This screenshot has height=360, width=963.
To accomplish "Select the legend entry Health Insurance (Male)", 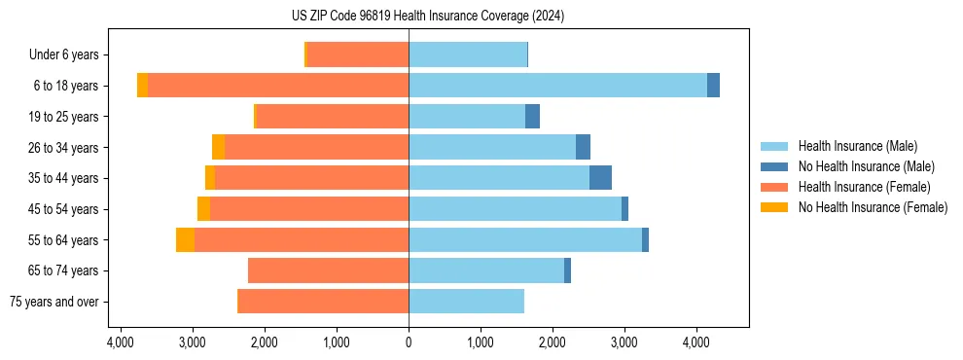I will click(x=856, y=146).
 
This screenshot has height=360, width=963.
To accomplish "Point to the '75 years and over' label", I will click(x=54, y=302).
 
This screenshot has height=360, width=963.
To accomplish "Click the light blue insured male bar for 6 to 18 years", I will click(x=557, y=86).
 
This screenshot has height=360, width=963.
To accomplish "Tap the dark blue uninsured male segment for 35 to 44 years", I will click(x=600, y=178).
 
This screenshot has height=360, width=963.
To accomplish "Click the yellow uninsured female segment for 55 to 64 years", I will click(x=185, y=239).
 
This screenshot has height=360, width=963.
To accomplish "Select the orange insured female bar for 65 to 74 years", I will click(x=328, y=270).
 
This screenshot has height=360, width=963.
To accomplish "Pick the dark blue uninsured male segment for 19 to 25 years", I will click(x=532, y=117).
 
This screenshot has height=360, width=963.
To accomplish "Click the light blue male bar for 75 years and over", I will click(x=466, y=302).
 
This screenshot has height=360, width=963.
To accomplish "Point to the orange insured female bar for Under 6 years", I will click(x=357, y=55).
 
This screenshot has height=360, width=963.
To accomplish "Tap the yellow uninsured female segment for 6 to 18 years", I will click(x=142, y=86).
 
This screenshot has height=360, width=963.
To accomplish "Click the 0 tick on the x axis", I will click(x=409, y=342).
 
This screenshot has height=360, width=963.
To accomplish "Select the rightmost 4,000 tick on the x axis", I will click(x=695, y=342).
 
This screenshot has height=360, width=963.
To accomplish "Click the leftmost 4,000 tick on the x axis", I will click(x=121, y=342).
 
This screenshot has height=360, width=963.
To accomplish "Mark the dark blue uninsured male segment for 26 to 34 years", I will click(x=583, y=147).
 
